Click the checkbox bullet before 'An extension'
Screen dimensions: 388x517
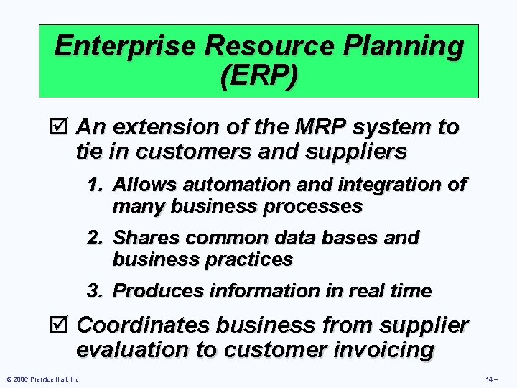[62, 128]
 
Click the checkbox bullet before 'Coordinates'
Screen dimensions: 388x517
[62, 325]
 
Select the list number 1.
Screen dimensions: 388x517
[95, 185]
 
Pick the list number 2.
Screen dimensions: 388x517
[95, 237]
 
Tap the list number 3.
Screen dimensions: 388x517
[95, 291]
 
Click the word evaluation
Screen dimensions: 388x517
[137, 350]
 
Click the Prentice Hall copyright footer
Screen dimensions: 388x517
[41, 379]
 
